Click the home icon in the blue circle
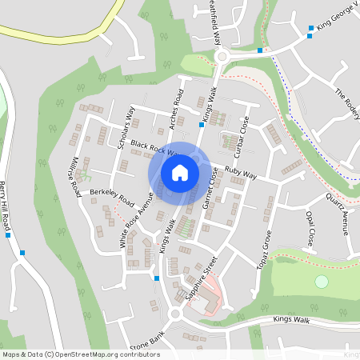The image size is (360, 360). (180, 172)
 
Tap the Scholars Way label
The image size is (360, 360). (126, 127)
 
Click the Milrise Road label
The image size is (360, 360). (76, 176)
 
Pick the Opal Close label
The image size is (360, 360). (310, 226)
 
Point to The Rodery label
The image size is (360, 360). (346, 103)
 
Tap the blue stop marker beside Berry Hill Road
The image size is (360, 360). (22, 253)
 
